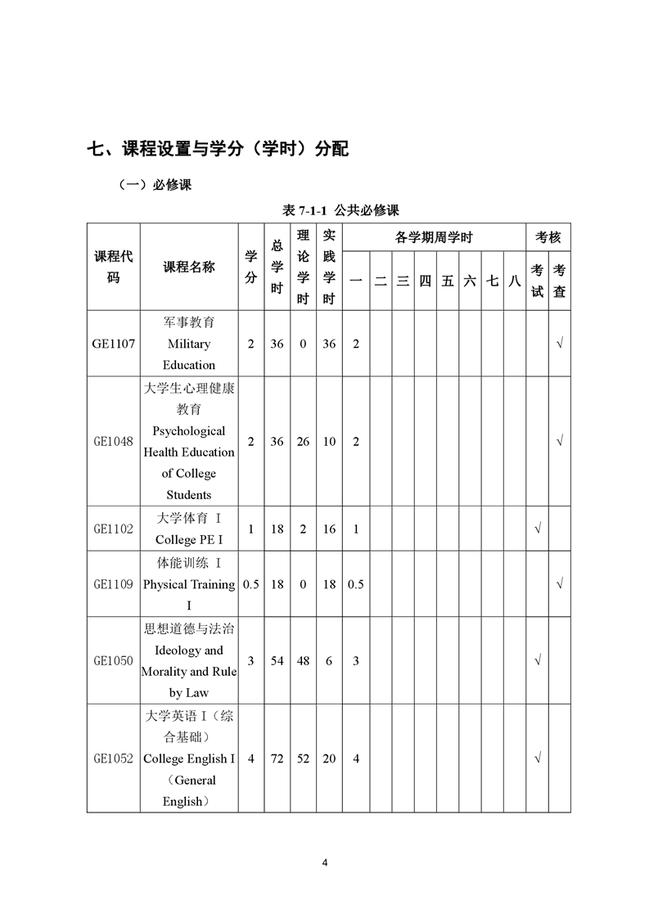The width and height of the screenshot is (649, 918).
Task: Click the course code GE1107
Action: tap(113, 344)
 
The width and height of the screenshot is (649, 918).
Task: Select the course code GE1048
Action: tap(113, 441)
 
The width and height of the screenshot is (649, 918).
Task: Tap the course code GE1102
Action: tap(113, 529)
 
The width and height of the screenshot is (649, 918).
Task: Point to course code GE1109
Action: tap(113, 584)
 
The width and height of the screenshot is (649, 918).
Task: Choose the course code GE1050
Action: tap(113, 660)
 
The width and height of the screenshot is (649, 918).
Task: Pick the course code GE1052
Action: tap(113, 758)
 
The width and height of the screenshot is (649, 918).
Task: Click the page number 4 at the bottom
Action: tap(325, 862)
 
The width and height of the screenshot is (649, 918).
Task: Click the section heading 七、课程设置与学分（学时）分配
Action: tap(218, 149)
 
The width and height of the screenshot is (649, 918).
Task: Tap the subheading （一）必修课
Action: tap(155, 185)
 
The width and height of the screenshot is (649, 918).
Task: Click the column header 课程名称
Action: tap(189, 267)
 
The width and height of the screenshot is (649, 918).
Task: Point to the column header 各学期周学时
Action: tap(434, 238)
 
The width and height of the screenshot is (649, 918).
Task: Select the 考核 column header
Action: tap(548, 238)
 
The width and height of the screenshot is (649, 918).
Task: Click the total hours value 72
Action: tap(277, 758)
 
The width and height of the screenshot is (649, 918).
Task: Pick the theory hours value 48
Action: tap(303, 660)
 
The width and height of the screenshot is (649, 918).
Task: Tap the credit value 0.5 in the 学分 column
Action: tap(250, 584)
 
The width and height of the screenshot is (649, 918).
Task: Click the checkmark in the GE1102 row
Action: tap(537, 529)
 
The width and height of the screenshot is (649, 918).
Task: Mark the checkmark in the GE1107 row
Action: tap(559, 344)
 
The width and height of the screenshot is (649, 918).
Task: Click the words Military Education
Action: tap(189, 354)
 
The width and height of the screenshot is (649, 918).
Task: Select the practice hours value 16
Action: tap(329, 529)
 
